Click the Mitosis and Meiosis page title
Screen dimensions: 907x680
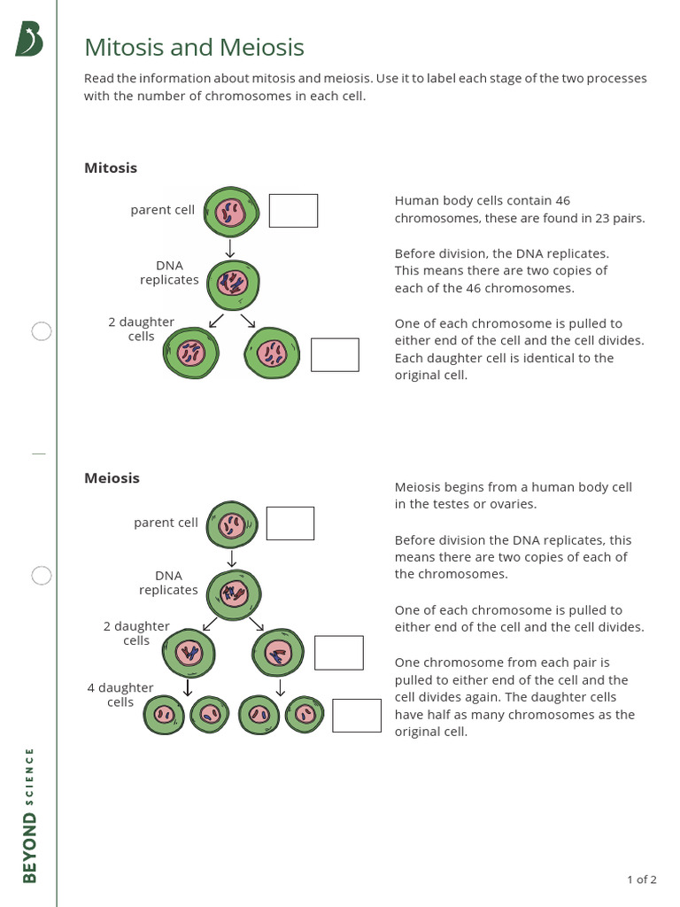point(194,47)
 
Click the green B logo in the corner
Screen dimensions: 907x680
point(28,40)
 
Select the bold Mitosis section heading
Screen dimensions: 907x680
point(111,167)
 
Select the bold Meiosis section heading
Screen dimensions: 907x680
point(112,478)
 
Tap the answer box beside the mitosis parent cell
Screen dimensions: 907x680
point(293,211)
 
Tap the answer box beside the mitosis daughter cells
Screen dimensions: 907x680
point(335,354)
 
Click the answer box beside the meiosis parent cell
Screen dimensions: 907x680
point(290,523)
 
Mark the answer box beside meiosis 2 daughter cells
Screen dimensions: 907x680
point(339,653)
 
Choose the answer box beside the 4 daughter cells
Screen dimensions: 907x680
point(357,715)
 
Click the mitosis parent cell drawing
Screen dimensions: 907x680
point(230,213)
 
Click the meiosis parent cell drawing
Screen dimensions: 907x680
point(232,527)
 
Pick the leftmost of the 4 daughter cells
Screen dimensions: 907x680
point(164,714)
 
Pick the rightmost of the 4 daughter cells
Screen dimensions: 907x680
point(305,714)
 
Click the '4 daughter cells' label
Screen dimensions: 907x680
point(120,695)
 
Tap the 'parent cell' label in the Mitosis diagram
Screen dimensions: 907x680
point(162,210)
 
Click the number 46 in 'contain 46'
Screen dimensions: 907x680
point(562,201)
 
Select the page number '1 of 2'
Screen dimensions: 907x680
point(641,880)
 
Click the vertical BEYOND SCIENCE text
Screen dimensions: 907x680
point(30,815)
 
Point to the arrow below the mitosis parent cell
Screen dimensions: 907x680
point(230,248)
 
